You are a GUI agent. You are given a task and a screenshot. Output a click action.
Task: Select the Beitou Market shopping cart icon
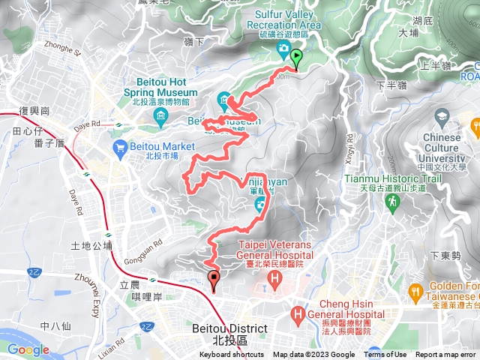[119, 149]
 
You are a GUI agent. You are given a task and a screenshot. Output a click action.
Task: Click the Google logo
[28, 349]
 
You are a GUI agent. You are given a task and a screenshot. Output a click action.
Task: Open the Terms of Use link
[385, 355]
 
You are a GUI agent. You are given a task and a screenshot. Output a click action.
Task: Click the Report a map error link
[446, 355]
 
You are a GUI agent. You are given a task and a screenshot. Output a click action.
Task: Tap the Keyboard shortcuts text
[232, 355]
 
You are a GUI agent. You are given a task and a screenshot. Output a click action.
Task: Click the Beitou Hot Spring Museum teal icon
[161, 115]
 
